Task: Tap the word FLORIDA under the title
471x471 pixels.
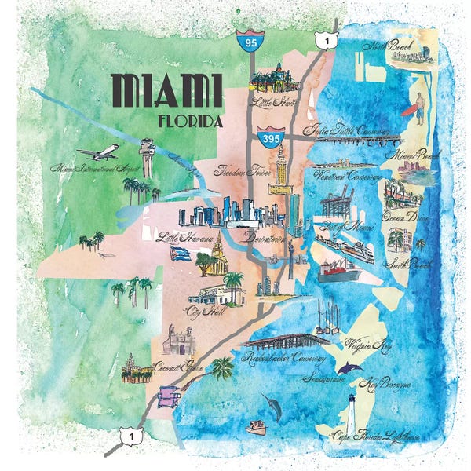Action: coord(190,122)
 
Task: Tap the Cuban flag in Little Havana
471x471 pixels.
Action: coord(180,253)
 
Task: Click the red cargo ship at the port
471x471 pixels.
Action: coord(339,274)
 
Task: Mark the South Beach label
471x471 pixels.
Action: coord(411,265)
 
